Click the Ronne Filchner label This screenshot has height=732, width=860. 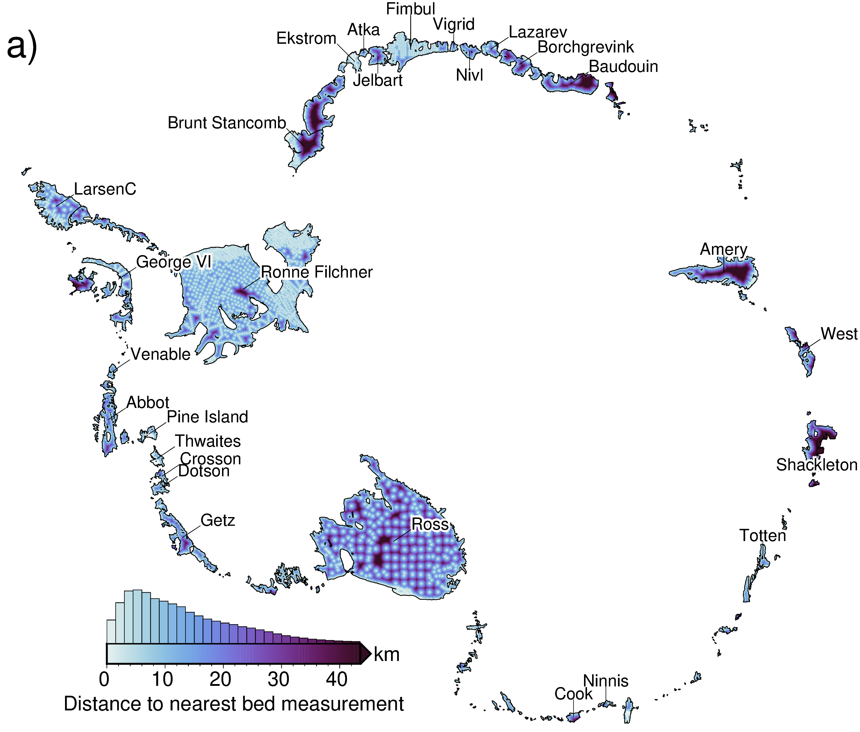click(316, 272)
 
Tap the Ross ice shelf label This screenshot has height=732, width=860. click(429, 524)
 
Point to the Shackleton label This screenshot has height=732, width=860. click(817, 465)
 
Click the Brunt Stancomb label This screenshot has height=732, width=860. click(227, 123)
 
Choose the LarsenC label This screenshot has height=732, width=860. click(105, 189)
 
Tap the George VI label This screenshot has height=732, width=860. click(174, 262)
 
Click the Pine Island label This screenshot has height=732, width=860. click(207, 417)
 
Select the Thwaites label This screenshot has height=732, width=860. click(208, 441)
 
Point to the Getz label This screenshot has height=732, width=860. click(218, 520)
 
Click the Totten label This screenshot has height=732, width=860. click(763, 536)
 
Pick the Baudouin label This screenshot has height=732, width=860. click(623, 66)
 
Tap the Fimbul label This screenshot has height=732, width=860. click(410, 9)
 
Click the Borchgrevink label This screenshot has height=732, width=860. click(585, 47)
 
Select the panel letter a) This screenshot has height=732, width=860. click(22, 46)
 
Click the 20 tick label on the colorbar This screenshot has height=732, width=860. click(220, 679)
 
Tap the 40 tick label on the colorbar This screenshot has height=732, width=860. click(337, 679)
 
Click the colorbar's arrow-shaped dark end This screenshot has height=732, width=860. click(365, 654)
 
